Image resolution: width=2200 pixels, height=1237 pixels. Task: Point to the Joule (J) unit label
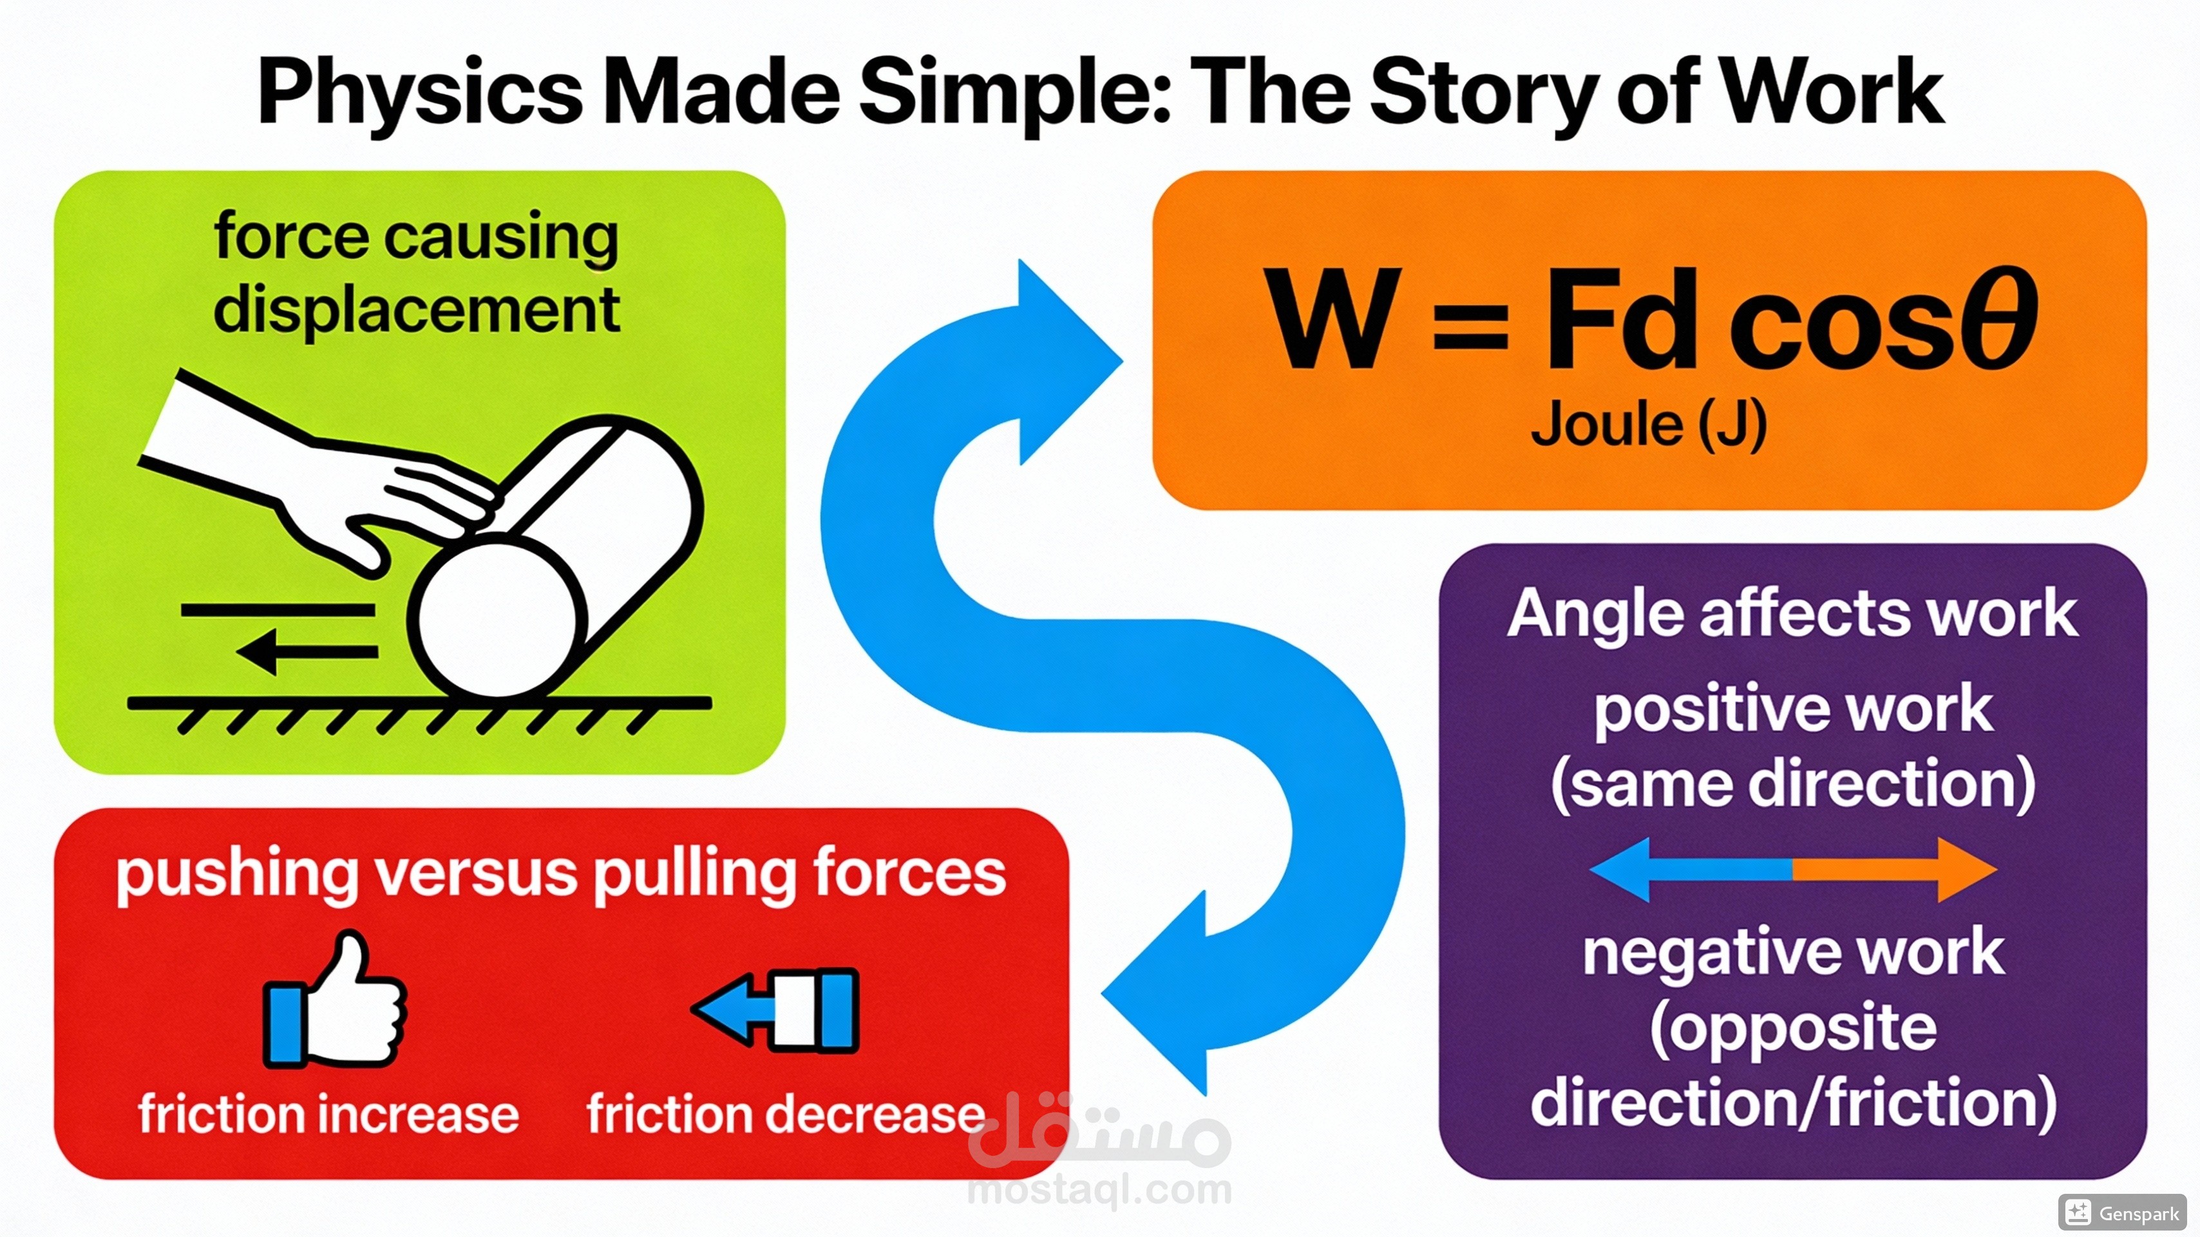[1648, 425]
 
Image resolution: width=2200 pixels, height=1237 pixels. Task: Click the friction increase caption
[329, 1114]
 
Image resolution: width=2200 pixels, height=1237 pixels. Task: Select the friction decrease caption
[786, 1114]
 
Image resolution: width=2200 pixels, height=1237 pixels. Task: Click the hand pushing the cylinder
[341, 479]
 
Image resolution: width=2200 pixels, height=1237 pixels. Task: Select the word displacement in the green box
[417, 309]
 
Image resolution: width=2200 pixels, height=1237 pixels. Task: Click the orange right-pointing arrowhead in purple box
[1964, 870]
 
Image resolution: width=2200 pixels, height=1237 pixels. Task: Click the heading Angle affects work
[1792, 613]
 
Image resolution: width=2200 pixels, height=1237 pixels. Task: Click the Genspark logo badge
[2121, 1213]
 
